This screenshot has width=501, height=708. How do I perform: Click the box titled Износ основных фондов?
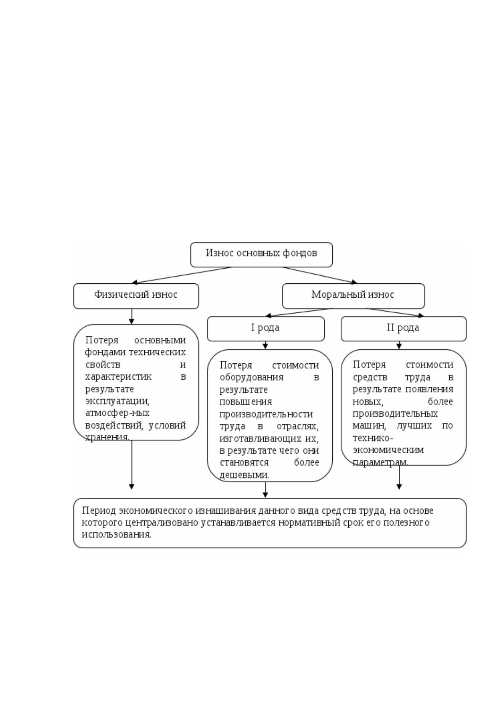(261, 255)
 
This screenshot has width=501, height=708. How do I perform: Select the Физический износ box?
(136, 296)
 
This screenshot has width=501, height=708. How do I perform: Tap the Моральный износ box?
(353, 296)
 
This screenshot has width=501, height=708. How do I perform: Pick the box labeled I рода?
(266, 329)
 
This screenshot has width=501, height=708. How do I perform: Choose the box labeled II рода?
(403, 329)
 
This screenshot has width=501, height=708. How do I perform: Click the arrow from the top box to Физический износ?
(182, 275)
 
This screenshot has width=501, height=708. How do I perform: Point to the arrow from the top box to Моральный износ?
(320, 275)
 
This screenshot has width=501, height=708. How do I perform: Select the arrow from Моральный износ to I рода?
(299, 312)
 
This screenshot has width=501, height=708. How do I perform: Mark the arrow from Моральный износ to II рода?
(395, 312)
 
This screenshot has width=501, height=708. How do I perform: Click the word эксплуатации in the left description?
(117, 401)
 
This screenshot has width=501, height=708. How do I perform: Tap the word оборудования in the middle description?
(252, 378)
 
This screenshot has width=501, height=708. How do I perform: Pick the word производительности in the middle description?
(266, 414)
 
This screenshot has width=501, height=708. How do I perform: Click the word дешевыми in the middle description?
(244, 475)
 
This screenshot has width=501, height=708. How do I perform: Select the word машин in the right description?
(369, 426)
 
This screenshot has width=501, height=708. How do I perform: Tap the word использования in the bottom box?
(117, 534)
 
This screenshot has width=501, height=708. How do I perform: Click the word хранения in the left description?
(107, 437)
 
